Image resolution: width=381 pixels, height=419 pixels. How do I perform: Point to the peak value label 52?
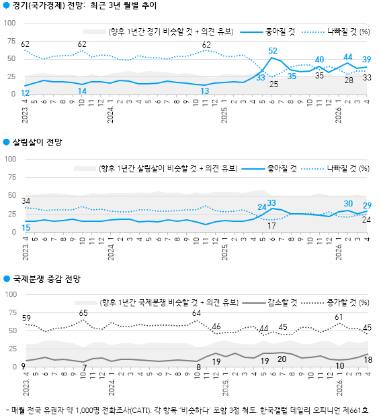pos(273,51)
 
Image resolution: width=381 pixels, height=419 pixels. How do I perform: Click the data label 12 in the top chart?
pos(25,93)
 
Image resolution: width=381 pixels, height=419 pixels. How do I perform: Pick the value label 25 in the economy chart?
pos(273,84)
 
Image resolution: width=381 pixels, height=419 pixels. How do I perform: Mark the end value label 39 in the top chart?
pos(368,60)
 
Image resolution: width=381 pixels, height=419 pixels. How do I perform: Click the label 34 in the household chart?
pos(26,200)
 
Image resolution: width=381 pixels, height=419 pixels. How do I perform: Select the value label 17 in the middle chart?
pos(272,226)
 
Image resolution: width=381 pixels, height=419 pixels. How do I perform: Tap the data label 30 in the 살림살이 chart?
pos(348,203)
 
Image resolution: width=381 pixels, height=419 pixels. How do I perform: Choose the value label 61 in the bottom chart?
pos(339,316)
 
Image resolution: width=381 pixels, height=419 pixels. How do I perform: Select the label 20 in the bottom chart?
pos(282,359)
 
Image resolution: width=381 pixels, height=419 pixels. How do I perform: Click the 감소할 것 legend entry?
pos(281,302)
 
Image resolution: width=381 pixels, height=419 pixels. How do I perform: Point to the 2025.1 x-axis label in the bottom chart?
pos(225,387)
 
